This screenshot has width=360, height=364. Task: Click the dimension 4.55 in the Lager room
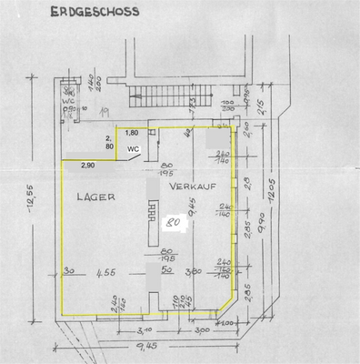pyautogui.click(x=106, y=271)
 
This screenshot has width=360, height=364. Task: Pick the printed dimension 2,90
pyautogui.click(x=87, y=165)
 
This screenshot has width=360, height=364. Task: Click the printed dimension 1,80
pyautogui.click(x=132, y=133)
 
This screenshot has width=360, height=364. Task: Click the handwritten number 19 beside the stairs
pyautogui.click(x=104, y=111)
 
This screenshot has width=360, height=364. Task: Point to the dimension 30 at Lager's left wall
pyautogui.click(x=69, y=270)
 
